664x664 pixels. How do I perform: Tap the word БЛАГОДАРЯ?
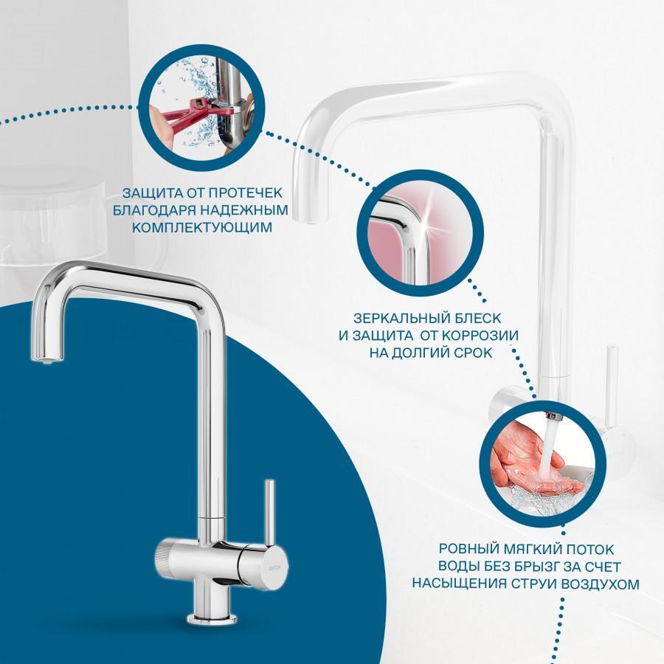(x=153, y=210)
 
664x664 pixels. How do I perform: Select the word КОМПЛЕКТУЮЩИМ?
(x=202, y=227)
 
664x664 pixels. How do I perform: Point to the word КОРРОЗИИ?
(x=480, y=336)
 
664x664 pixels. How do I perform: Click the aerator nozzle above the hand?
(x=553, y=418)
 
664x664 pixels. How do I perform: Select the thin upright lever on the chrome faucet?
(x=269, y=513)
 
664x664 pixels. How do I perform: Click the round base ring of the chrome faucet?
(x=212, y=619)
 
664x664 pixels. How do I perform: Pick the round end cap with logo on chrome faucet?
(x=276, y=567)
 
